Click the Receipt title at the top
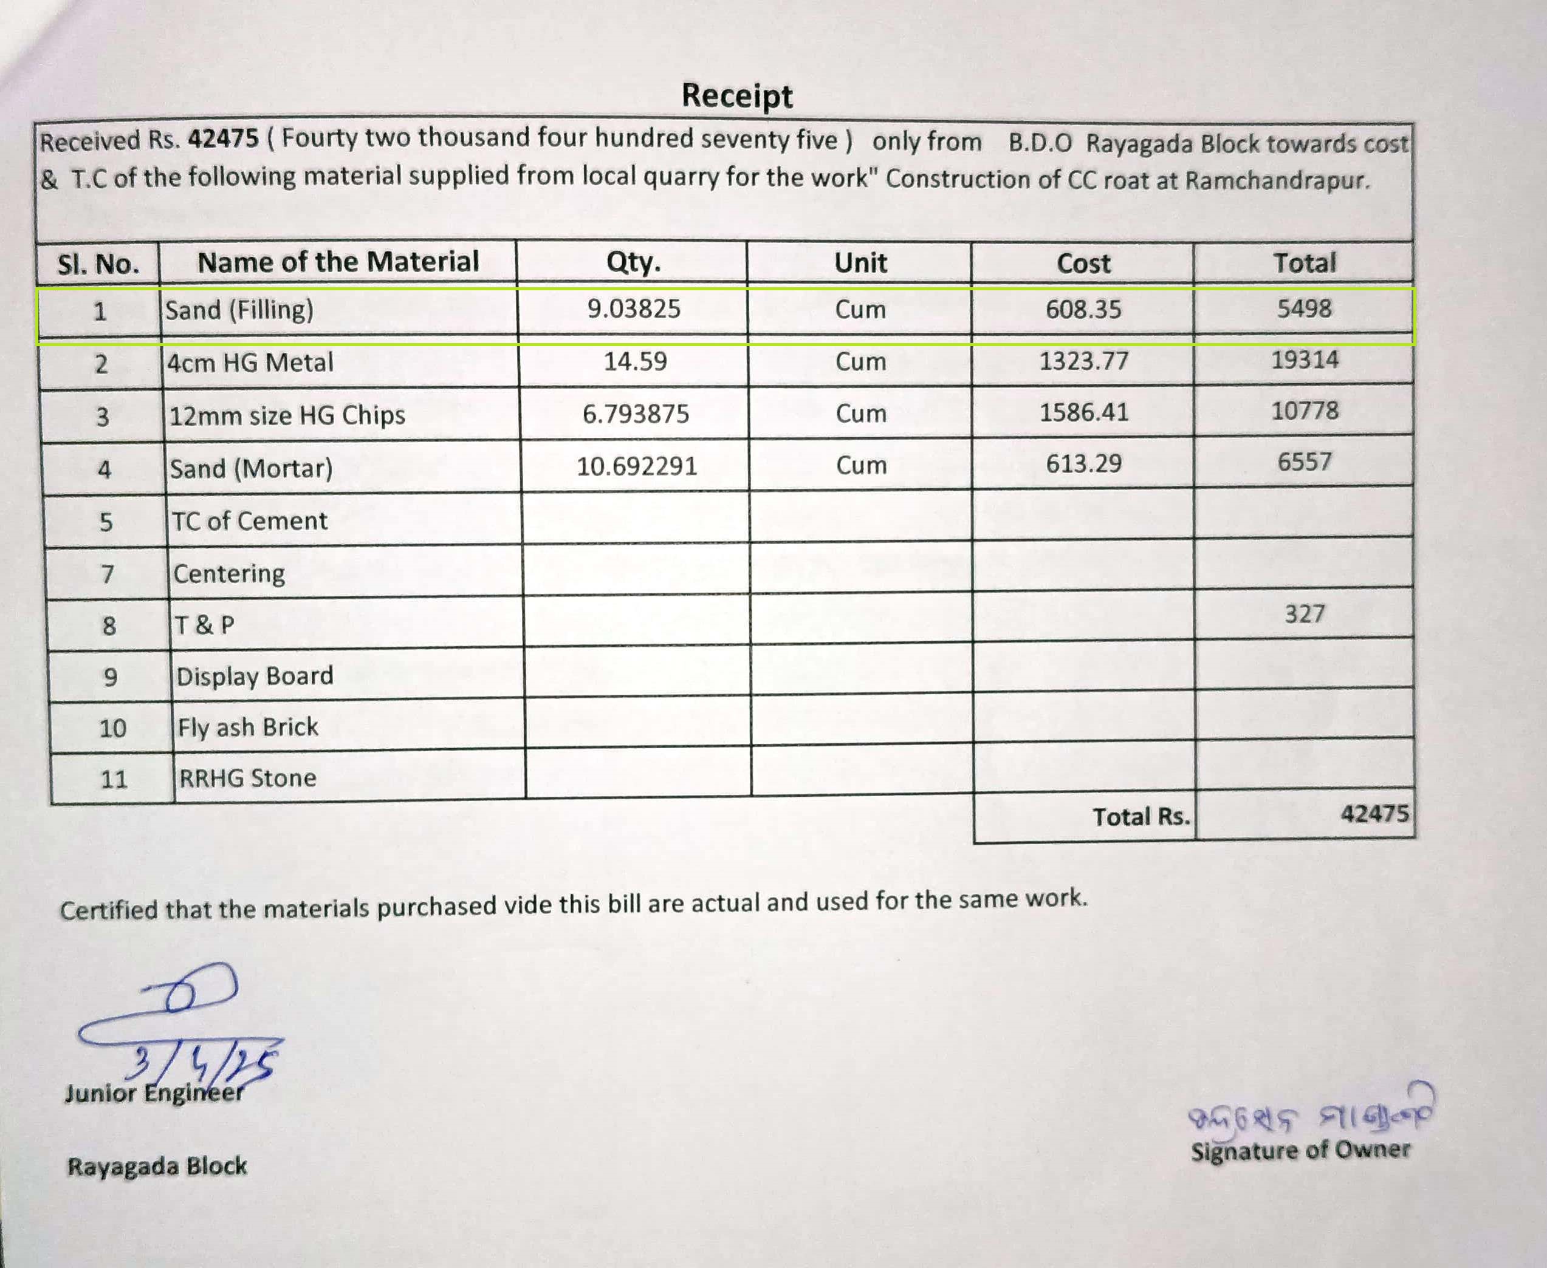pos(736,96)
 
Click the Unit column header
pos(860,263)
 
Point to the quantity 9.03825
pos(634,309)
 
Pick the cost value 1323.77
pos(1084,361)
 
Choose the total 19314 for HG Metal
pos(1305,360)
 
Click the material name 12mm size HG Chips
pos(287,415)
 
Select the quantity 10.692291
pos(637,466)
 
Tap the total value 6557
pos(1305,462)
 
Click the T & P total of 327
pos(1305,613)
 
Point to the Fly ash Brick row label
pos(248,728)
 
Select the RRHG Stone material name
pos(248,779)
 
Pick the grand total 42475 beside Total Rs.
pos(1374,814)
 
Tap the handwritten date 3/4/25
pos(201,1063)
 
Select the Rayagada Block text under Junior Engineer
pos(157,1167)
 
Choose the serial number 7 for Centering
pos(108,574)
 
